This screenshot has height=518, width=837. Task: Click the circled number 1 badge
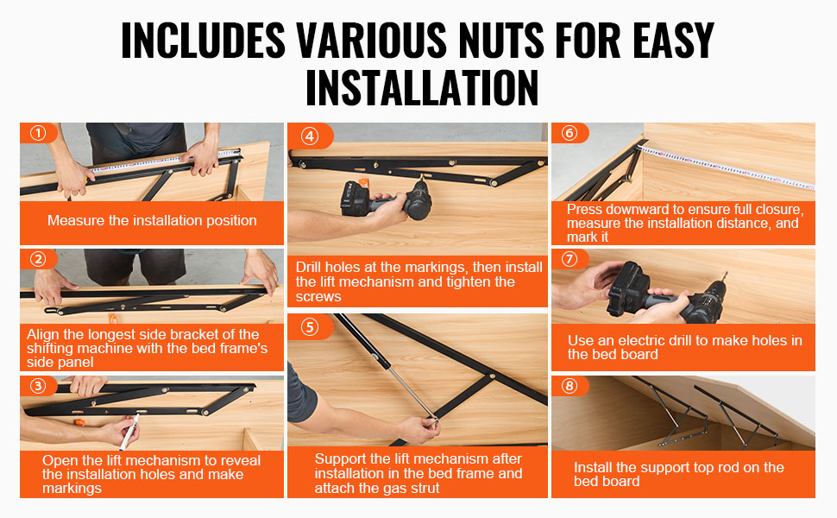click(38, 133)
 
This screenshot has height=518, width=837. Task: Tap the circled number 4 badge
click(310, 136)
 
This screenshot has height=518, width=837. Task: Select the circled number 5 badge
click(310, 327)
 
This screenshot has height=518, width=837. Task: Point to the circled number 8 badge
click(570, 386)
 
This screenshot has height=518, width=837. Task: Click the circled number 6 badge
click(570, 133)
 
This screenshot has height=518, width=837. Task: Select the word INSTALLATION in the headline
click(422, 87)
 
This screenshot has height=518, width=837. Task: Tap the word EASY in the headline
click(674, 40)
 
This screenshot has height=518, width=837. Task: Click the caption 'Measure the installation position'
click(152, 220)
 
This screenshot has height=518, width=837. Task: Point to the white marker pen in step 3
click(129, 433)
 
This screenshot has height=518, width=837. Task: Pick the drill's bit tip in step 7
click(727, 274)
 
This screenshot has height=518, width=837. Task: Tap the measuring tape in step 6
click(726, 167)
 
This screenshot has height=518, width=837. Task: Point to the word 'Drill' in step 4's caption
click(309, 267)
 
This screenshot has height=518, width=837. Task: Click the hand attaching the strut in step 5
click(419, 429)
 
